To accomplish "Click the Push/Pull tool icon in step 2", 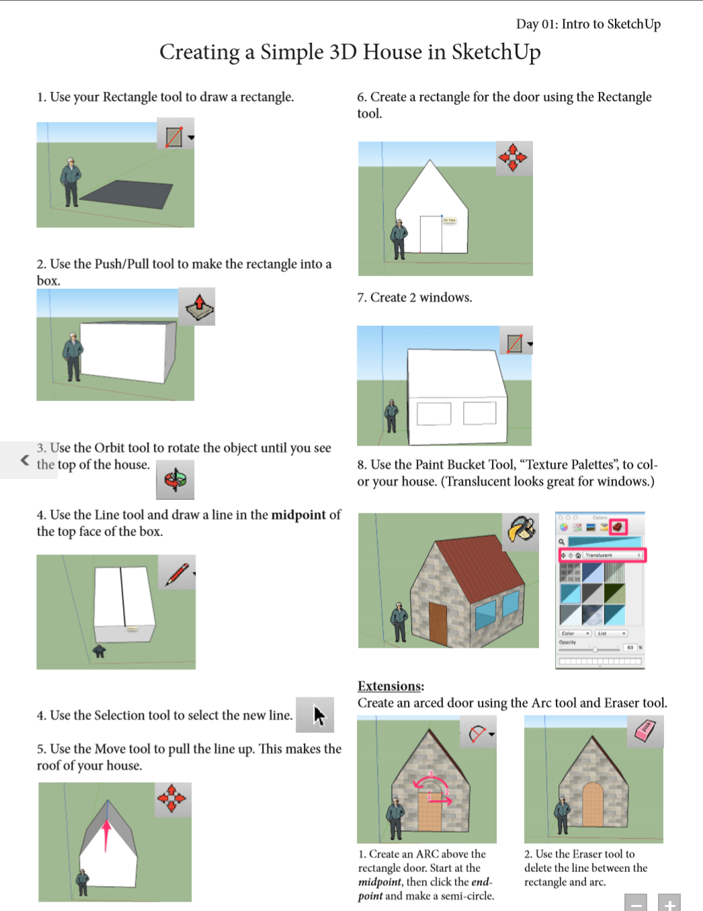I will click(x=197, y=307).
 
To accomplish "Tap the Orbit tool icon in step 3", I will click(x=175, y=480).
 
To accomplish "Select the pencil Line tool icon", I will click(x=177, y=573).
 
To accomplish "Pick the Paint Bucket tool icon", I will click(x=521, y=531).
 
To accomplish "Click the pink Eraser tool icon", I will click(x=645, y=731).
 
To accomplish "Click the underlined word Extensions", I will click(x=390, y=686).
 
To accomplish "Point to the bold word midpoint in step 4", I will click(x=299, y=515).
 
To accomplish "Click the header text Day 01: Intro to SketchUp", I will click(x=588, y=24).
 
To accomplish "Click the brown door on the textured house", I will click(x=438, y=623).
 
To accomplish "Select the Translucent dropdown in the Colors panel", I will click(x=602, y=555).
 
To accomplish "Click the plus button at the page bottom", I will click(x=669, y=904).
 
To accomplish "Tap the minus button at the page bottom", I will click(x=635, y=904).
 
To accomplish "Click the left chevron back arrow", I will click(x=25, y=460).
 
